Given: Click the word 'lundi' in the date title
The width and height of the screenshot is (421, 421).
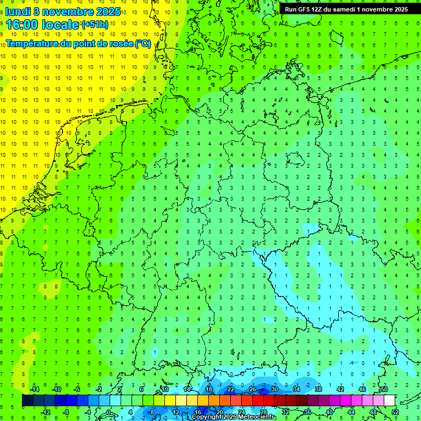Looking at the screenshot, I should coord(18,11).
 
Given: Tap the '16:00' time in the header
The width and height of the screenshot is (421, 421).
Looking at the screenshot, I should coord(21,25).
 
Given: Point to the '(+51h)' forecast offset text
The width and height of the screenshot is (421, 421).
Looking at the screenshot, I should coord(94,25).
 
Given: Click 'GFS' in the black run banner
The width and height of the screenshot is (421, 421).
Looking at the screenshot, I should coord(305,9).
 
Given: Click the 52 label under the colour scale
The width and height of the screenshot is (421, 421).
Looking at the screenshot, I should coord(395,412).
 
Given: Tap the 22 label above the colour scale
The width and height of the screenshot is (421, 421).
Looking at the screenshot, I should coord(231,389).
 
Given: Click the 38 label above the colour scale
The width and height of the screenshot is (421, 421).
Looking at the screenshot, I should coord(318,389).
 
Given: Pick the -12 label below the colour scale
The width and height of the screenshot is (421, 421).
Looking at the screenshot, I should coord(45,412).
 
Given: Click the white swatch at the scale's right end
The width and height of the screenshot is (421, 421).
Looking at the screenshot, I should coord(389,401).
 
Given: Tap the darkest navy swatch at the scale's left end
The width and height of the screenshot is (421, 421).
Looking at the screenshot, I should coord(27,401).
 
